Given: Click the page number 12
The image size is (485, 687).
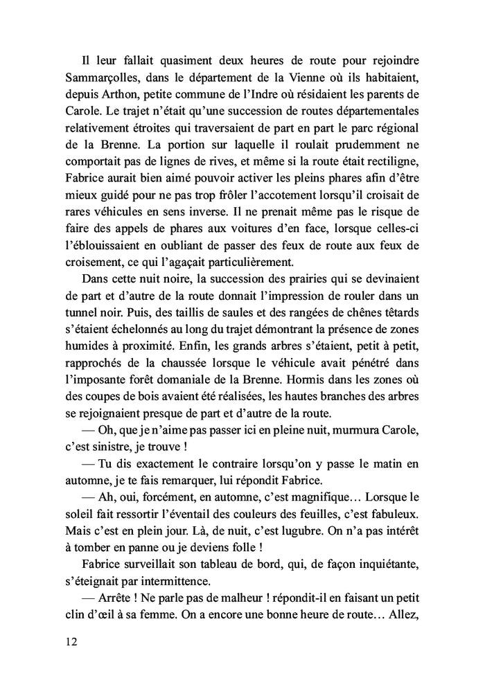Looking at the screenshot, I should click(x=68, y=641).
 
